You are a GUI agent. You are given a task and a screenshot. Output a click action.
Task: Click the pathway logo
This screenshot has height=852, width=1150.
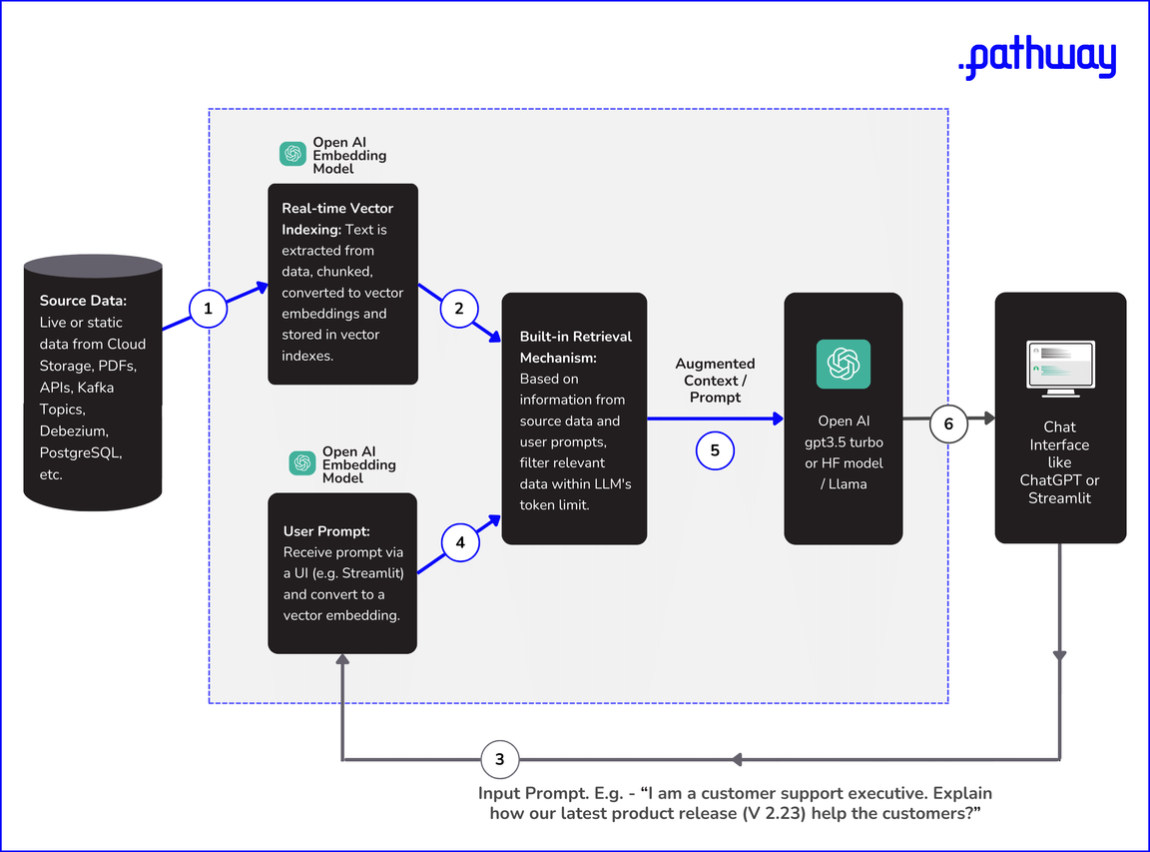(x=1036, y=59)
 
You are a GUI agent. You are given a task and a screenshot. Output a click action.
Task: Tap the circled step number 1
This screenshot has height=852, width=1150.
(x=208, y=309)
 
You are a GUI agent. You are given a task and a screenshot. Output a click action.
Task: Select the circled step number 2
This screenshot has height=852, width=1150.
(x=459, y=309)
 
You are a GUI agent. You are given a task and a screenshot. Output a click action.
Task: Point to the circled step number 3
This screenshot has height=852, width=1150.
(x=500, y=760)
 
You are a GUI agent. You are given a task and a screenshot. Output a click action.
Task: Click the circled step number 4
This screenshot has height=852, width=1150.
(x=459, y=543)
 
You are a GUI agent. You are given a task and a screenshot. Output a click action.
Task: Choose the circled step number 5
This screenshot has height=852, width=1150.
(x=715, y=450)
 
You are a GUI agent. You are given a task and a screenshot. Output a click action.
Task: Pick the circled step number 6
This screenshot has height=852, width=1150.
(x=948, y=425)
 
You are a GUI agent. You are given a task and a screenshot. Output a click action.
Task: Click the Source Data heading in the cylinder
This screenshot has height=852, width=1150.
(x=83, y=301)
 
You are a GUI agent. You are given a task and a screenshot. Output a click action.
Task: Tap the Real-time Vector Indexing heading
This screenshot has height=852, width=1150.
(x=337, y=219)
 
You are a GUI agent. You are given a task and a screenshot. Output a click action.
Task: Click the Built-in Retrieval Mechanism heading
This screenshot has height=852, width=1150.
(x=575, y=347)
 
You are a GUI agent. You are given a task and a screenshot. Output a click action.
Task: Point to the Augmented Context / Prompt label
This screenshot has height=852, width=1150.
(x=715, y=381)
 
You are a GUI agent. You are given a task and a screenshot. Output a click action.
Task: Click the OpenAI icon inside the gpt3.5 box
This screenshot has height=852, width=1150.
(x=844, y=364)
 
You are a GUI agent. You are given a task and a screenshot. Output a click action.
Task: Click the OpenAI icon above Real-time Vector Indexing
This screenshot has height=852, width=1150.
(x=292, y=154)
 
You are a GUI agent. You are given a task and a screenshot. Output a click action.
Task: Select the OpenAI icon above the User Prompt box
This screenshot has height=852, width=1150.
(x=302, y=463)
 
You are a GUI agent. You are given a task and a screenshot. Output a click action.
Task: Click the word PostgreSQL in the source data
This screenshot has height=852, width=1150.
(x=87, y=452)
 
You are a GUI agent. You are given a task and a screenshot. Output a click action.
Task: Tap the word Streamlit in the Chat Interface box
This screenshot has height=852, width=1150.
(x=1060, y=497)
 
